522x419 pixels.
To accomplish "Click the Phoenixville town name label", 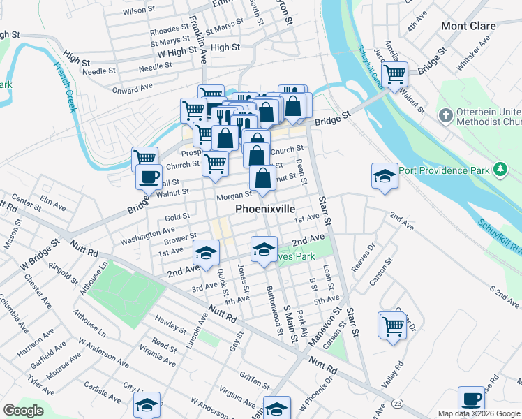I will point(265,209).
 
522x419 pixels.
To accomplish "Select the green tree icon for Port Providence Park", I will point(500,170).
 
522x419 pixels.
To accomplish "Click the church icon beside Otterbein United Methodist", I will point(445,115).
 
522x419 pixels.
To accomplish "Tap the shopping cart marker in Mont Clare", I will point(395,73).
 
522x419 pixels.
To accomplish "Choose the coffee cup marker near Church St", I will point(149,177).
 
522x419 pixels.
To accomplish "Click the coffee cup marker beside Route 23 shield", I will point(472,399).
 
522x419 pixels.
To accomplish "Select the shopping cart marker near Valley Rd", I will point(393,325).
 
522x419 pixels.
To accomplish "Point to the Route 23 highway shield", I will point(397,404).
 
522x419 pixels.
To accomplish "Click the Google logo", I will point(23,411).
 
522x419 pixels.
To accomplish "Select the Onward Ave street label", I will point(132,89).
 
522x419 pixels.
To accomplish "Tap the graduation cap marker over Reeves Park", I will point(263,249).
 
